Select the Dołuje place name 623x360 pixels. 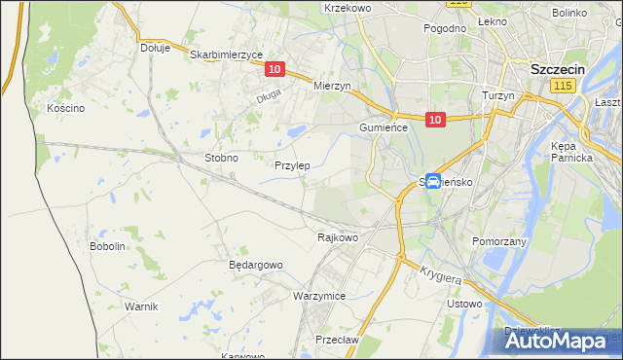(155, 47)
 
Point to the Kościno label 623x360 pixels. (66, 108)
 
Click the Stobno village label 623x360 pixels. (221, 157)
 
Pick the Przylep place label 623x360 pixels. (292, 165)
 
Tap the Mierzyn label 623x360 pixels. (331, 86)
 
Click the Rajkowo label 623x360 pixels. (339, 236)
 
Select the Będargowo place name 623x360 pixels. (255, 265)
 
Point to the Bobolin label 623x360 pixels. (108, 246)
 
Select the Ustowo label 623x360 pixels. (464, 304)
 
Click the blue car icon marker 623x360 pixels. (433, 180)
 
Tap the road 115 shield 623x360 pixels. (561, 88)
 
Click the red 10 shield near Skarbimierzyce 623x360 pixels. (275, 69)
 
